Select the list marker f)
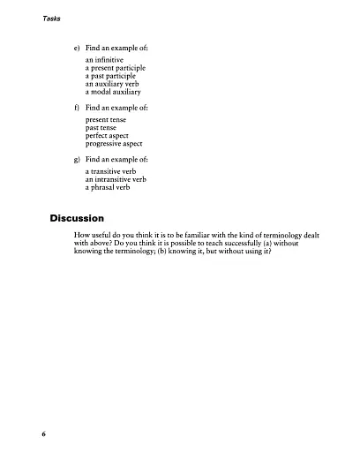pos(78,106)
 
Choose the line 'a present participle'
pos(116,68)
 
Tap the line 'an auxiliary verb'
pos(113,84)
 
